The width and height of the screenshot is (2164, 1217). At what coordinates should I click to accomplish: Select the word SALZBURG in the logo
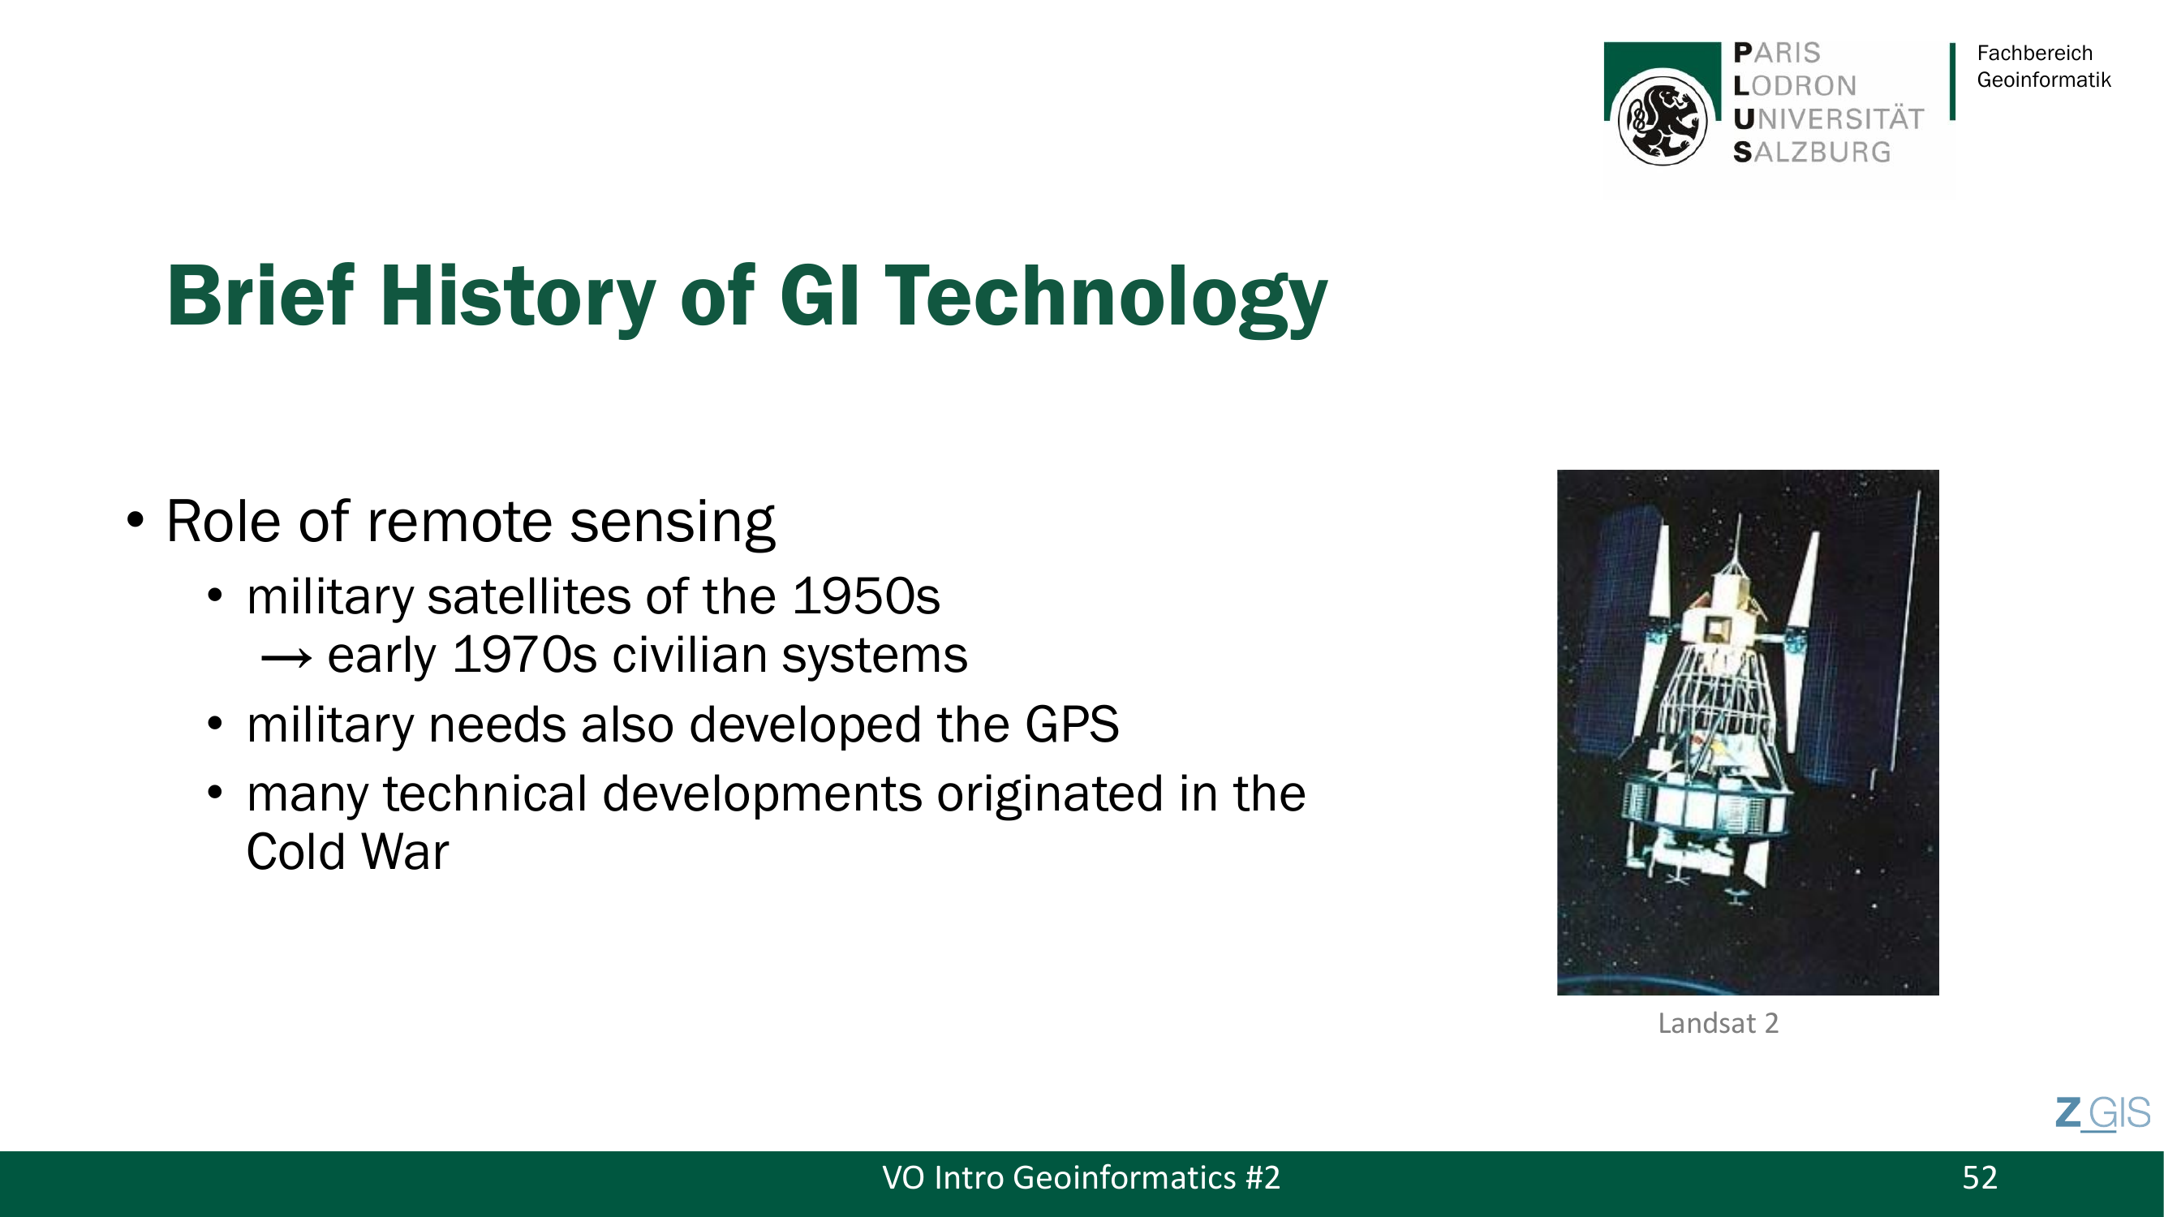point(1812,152)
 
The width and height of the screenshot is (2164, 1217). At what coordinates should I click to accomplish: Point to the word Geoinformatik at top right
point(2044,80)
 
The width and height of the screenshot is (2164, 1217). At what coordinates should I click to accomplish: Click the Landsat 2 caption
point(1718,1023)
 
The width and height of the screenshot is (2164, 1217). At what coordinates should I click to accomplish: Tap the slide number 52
point(1979,1177)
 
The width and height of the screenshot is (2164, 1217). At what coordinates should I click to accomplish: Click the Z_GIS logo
point(2102,1114)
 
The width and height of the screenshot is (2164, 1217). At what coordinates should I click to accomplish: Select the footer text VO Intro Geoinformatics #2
point(1081,1177)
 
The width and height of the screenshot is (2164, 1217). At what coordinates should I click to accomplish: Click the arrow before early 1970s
point(286,658)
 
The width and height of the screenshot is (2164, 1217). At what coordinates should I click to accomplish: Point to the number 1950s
point(866,597)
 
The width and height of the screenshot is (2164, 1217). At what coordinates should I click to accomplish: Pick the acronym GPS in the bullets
point(1072,724)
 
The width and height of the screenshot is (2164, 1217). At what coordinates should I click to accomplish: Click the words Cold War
point(348,852)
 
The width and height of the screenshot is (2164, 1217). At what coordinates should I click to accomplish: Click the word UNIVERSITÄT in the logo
point(1829,118)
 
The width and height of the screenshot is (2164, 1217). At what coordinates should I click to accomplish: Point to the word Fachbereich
point(2035,53)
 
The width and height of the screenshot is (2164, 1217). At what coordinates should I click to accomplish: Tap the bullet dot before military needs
point(215,724)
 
